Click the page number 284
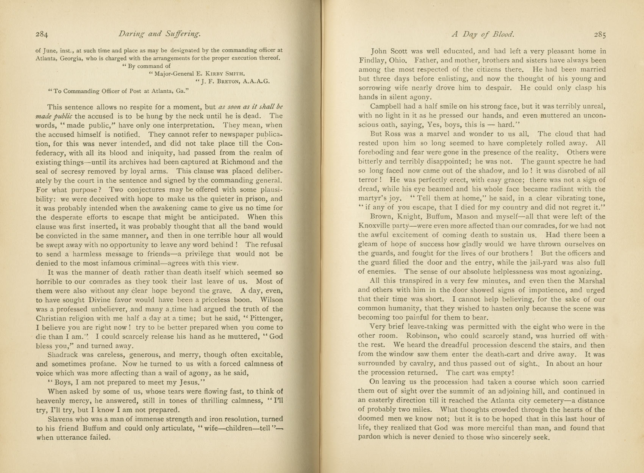click(42, 34)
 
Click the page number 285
click(600, 34)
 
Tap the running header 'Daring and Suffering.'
click(159, 34)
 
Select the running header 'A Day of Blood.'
click(483, 34)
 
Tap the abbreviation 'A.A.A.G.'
click(256, 81)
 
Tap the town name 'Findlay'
click(372, 61)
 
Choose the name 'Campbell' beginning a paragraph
click(385, 106)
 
